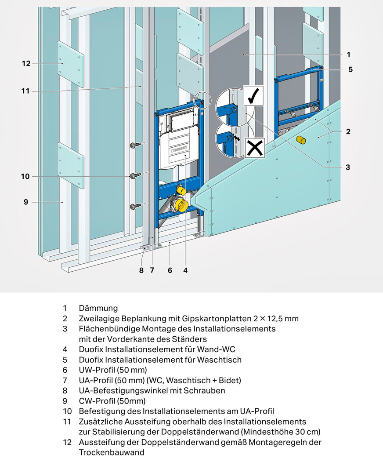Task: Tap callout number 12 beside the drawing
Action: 26,64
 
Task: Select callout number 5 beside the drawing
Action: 350,69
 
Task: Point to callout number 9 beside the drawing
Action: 26,202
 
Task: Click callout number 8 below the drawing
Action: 141,270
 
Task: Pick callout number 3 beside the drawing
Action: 348,167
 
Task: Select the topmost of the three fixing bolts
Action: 134,146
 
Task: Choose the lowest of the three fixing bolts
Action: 134,205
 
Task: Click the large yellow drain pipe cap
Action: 181,204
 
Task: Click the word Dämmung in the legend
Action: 98,308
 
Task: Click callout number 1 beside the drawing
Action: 348,55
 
